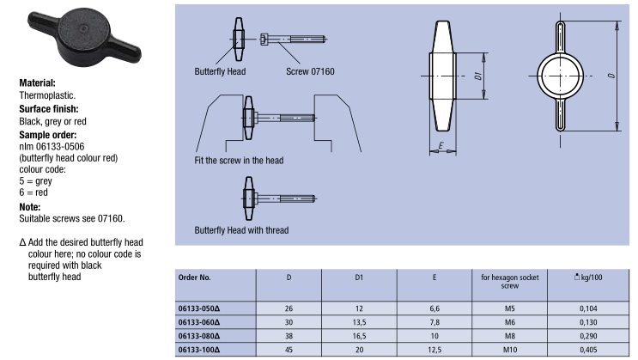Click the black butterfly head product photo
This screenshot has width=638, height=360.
pos(84,37)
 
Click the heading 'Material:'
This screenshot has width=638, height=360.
pos(38,83)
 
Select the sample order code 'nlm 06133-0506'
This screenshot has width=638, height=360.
pos(52,147)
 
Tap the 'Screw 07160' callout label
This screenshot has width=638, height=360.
pos(310,71)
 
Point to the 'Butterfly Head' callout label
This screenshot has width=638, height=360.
pos(220,71)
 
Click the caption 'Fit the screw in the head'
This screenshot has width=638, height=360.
pos(239,161)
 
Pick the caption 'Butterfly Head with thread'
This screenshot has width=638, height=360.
pos(241,230)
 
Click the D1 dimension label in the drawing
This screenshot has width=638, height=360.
pos(478,76)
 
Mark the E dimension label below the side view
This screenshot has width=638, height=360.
pos(441,145)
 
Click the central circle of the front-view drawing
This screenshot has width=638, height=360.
pos(560,76)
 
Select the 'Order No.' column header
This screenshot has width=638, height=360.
pos(195,278)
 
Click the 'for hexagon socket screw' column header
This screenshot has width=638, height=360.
pos(510,282)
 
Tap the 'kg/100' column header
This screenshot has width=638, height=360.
pos(588,278)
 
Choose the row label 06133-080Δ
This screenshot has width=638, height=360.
pos(199,336)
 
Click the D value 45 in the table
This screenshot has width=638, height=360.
pos(289,350)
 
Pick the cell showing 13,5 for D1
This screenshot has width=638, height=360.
pos(359,322)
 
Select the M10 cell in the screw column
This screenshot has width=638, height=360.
pos(510,350)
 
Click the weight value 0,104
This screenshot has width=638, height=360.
pos(588,308)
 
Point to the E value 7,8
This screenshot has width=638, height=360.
pos(434,322)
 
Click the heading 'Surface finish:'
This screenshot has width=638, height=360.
pos(49,109)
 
